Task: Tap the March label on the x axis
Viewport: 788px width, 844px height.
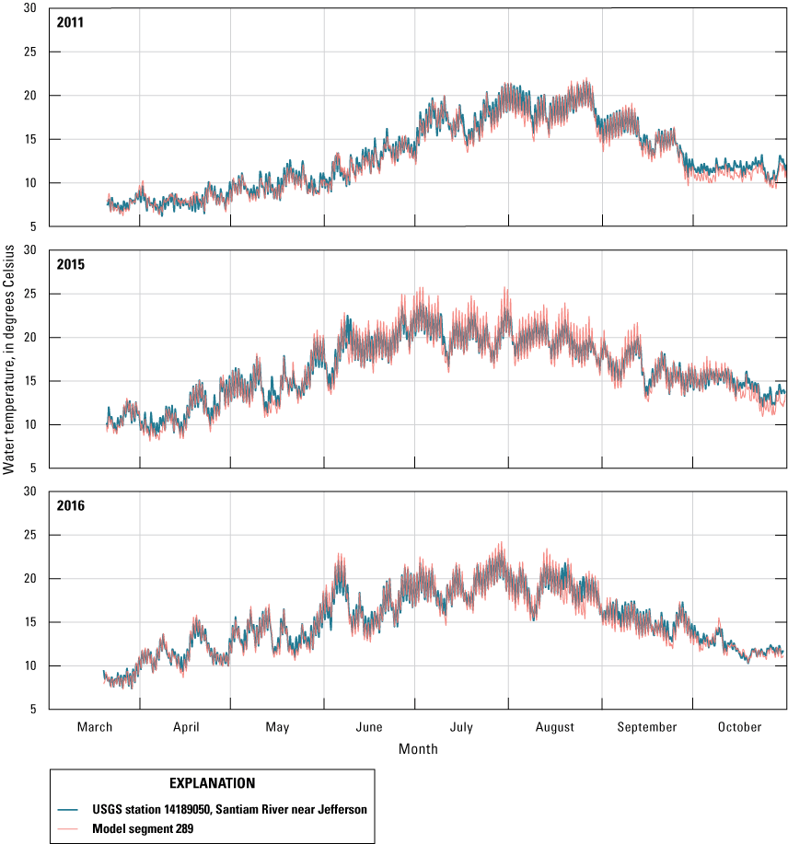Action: [95, 727]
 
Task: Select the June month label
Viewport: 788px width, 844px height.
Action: [369, 727]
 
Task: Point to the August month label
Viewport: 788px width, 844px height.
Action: [555, 727]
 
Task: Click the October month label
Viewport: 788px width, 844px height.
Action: [740, 727]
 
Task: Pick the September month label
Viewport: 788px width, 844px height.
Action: [647, 727]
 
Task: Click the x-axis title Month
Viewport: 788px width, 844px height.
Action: [418, 749]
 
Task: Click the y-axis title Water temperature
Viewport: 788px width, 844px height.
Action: [9, 359]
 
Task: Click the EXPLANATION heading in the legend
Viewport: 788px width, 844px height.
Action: [212, 783]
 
